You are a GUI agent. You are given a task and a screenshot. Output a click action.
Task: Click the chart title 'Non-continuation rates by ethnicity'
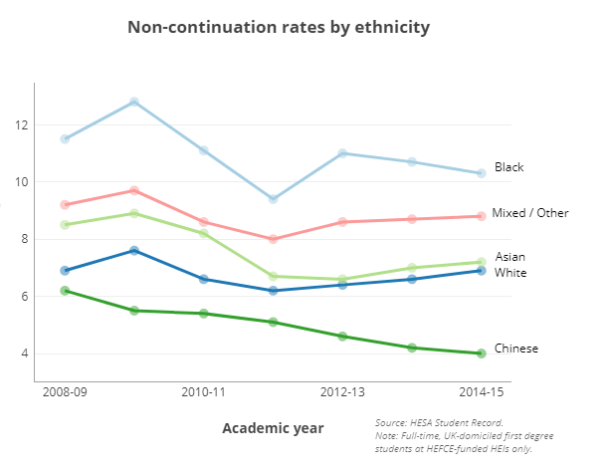pos(279,27)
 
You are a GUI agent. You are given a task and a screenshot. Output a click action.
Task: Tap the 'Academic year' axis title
pos(273,428)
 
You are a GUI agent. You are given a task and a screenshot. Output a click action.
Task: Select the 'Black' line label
pos(508,167)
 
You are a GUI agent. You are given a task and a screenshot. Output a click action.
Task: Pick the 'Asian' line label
pos(509,257)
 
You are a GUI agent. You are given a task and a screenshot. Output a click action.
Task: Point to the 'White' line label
pos(510,273)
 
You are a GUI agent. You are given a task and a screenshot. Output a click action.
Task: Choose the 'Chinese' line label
pos(516,349)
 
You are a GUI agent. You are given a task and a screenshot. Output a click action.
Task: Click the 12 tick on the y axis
pos(21,125)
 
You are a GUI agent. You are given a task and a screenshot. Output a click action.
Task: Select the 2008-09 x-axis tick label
pos(65,393)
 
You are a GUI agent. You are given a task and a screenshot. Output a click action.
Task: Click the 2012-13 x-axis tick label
pos(342,393)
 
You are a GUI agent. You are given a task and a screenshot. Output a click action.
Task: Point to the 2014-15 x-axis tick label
pos(481,393)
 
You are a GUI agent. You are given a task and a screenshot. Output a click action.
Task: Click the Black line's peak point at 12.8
pos(134,102)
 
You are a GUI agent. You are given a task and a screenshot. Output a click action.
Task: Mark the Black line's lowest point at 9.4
pos(273,199)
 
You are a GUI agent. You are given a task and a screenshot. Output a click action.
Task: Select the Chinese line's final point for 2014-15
pos(482,353)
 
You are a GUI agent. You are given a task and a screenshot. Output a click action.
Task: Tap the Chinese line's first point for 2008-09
pos(65,291)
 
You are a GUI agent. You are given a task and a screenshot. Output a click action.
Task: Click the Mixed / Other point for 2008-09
pos(65,205)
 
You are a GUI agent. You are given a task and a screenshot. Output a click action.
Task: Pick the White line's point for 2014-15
pos(482,271)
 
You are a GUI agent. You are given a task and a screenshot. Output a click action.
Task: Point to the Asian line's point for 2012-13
pos(342,279)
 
